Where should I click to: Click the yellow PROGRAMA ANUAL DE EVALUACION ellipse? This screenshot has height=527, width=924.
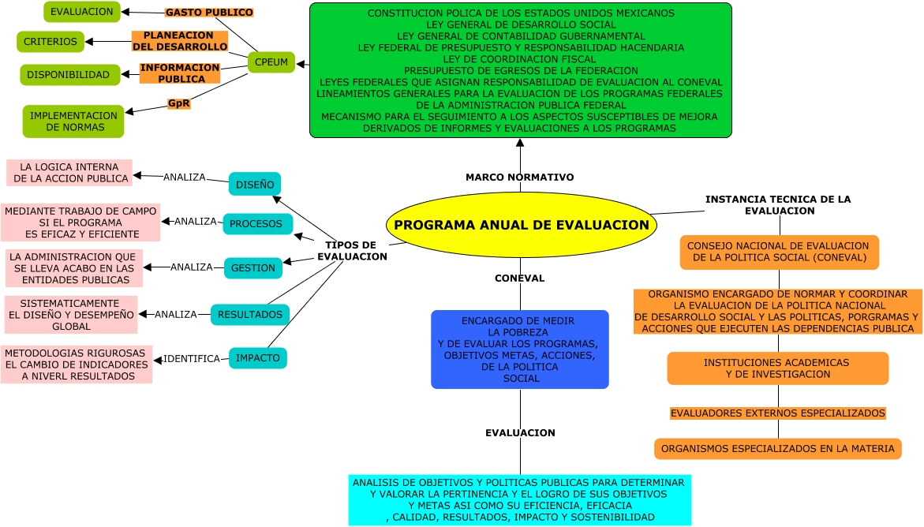pos(521,225)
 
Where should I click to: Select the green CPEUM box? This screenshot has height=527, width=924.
pos(271,62)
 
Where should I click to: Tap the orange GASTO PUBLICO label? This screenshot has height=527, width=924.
pos(209,13)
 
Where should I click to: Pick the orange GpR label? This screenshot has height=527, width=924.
pos(178,103)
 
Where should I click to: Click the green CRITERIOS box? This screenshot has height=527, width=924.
pos(51,42)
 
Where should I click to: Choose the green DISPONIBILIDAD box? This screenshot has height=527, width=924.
pos(69,75)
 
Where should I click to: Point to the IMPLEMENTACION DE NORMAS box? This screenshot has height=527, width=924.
pos(73,121)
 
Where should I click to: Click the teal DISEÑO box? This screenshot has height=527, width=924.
pos(255,185)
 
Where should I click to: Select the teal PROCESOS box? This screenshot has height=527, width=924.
pos(256,224)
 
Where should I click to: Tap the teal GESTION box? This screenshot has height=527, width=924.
pos(253,268)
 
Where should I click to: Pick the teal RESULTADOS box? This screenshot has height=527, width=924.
pos(249,314)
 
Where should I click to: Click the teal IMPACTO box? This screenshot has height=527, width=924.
pos(257,358)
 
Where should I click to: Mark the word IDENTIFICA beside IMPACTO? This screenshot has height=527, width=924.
pos(192,359)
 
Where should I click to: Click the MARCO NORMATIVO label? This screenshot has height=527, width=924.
pos(520,178)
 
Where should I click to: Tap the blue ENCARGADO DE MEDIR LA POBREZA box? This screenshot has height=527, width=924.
pos(520,349)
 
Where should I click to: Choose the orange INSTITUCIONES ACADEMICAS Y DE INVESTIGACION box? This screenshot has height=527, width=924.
pos(777,368)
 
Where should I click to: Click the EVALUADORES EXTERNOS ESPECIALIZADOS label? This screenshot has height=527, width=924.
pos(777,413)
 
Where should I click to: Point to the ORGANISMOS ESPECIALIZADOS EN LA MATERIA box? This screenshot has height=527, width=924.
pos(777,449)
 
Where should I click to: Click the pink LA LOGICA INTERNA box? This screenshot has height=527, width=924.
pos(69,173)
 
